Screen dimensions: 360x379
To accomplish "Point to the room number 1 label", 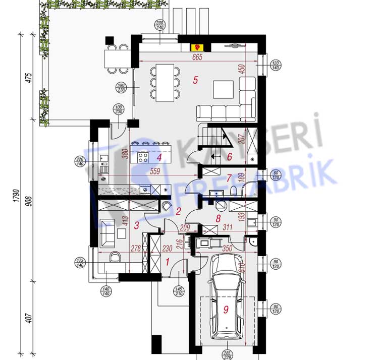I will pyautogui.click(x=168, y=262).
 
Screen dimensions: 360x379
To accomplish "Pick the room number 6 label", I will pyautogui.click(x=229, y=157).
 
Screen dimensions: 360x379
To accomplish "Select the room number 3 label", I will pyautogui.click(x=136, y=225).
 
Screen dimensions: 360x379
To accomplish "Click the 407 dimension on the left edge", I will pyautogui.click(x=29, y=318).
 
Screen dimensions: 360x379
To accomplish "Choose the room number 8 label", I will pyautogui.click(x=218, y=219).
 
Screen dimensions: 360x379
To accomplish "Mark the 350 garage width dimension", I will pyautogui.click(x=227, y=249).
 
